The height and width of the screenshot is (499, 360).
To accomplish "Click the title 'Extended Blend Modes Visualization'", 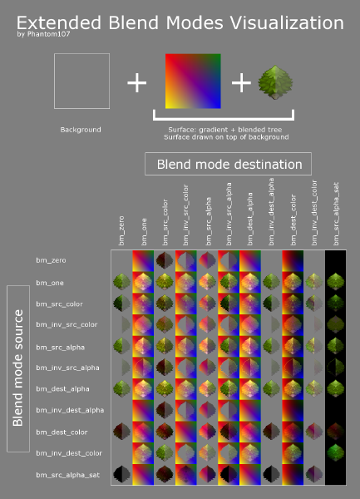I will click(180, 22).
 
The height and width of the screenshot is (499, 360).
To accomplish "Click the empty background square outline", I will click(81, 81).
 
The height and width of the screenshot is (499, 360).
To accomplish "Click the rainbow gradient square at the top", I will click(193, 81).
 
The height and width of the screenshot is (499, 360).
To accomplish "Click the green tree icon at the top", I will click(275, 83).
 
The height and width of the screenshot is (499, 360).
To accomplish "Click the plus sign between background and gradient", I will click(136, 82).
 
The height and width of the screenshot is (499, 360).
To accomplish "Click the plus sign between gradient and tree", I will click(240, 82).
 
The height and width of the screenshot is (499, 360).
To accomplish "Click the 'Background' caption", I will click(81, 130).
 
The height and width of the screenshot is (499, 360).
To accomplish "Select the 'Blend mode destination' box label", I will click(229, 163).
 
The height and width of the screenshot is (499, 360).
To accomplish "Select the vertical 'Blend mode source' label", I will click(18, 368).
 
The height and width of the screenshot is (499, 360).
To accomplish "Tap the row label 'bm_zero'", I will click(51, 260).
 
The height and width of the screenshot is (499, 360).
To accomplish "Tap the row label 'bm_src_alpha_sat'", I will click(64, 475).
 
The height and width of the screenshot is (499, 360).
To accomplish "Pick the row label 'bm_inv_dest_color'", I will click(68, 453).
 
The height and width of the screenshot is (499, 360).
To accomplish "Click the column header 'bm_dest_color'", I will click(293, 221).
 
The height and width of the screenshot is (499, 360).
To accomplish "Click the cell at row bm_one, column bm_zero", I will click(121, 282).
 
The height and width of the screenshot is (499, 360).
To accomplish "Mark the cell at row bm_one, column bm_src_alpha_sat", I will click(336, 282).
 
